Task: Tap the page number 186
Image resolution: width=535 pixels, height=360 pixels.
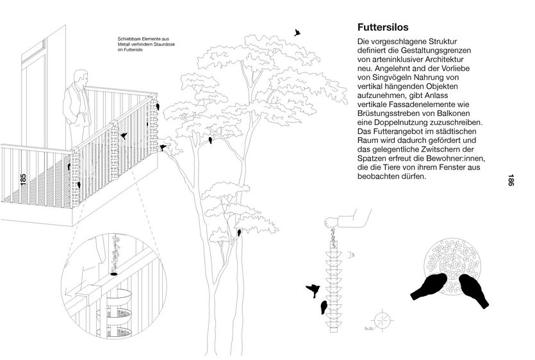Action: click(x=511, y=181)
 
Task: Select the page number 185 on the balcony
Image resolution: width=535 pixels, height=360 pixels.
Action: click(x=23, y=180)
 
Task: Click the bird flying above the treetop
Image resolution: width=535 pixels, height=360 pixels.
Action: click(x=297, y=31)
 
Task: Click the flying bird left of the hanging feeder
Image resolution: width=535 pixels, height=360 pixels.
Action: click(x=313, y=290)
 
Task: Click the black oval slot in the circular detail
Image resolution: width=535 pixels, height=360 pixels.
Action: click(x=114, y=274)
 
